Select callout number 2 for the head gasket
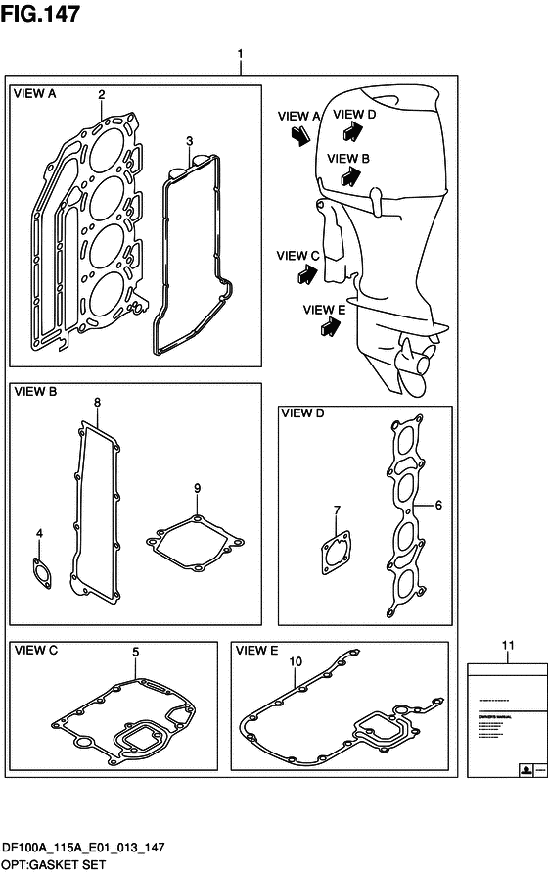(x=101, y=94)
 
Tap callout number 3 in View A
(x=189, y=141)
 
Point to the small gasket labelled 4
(x=40, y=568)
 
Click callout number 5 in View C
(x=136, y=651)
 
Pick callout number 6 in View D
(x=438, y=505)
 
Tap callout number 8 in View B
(x=97, y=402)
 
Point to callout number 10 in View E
(x=293, y=662)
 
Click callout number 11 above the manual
(x=506, y=644)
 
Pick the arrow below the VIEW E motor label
(x=323, y=330)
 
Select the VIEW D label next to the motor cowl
(x=353, y=115)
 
